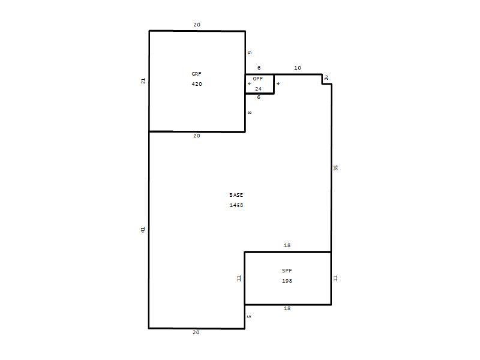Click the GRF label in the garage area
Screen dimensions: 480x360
pyautogui.click(x=197, y=74)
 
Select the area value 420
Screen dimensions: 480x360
pyautogui.click(x=197, y=84)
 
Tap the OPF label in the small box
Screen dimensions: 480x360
pyautogui.click(x=258, y=79)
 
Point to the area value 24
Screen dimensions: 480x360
pyautogui.click(x=259, y=89)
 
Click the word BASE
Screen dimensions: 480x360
pyautogui.click(x=236, y=195)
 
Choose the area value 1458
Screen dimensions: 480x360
pyautogui.click(x=236, y=205)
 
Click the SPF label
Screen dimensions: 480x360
pyautogui.click(x=287, y=271)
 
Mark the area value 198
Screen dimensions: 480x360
pyautogui.click(x=287, y=281)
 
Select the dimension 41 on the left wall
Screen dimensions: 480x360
pyautogui.click(x=143, y=230)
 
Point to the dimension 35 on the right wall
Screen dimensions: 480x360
pyautogui.click(x=335, y=168)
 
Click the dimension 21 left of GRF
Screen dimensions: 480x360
pyautogui.click(x=143, y=81)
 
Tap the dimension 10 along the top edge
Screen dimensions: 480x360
pyautogui.click(x=298, y=68)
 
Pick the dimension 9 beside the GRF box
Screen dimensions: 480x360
pyautogui.click(x=250, y=53)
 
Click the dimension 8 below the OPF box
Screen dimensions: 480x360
pyautogui.click(x=250, y=113)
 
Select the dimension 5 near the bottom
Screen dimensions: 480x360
pyautogui.click(x=249, y=317)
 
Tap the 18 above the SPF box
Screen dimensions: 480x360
pyautogui.click(x=287, y=245)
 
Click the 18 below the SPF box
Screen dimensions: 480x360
pyautogui.click(x=287, y=308)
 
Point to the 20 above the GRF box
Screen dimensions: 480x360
pyautogui.click(x=197, y=25)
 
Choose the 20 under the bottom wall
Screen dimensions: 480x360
pyautogui.click(x=196, y=332)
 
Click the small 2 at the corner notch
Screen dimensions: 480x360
pyautogui.click(x=326, y=78)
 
